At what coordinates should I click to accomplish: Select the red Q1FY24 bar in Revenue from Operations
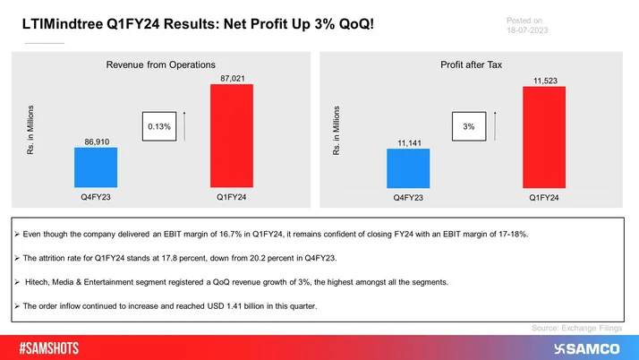[x=231, y=136]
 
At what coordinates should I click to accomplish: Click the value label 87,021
[x=231, y=77]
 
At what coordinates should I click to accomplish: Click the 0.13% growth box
[x=159, y=128]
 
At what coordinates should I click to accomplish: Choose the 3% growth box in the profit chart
[x=468, y=128]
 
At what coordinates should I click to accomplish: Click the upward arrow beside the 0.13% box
[x=184, y=127]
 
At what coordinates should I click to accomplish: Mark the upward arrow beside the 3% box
[x=497, y=127]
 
